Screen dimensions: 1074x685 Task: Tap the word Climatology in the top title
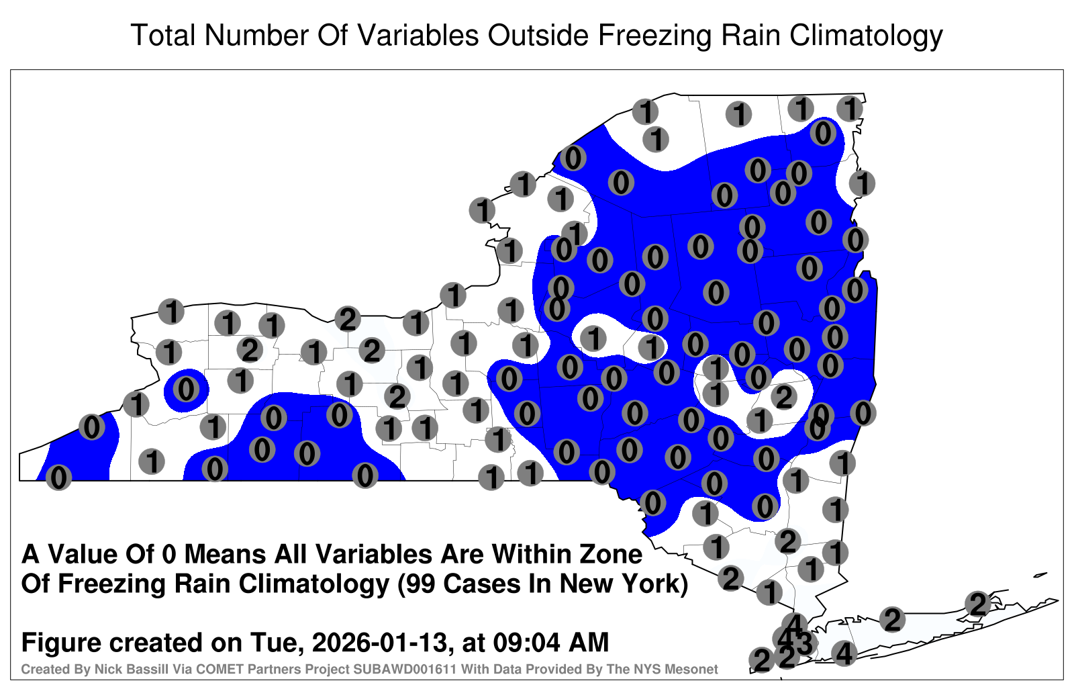tap(866, 36)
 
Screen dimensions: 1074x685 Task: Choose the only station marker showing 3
tap(803, 644)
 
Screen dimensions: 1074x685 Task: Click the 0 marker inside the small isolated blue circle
tap(186, 389)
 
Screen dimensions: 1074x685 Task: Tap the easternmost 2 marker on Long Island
tap(977, 604)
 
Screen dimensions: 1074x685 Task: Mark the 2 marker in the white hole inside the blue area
tap(784, 397)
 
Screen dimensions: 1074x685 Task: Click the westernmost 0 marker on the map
tap(58, 477)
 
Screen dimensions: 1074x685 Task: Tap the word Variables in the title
tap(417, 35)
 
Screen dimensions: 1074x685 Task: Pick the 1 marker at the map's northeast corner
tap(850, 109)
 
